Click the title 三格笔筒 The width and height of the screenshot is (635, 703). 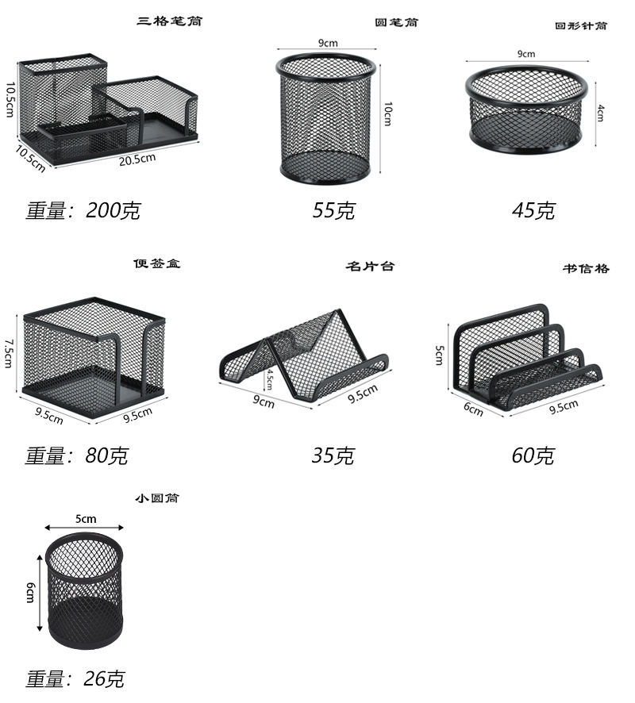point(169,21)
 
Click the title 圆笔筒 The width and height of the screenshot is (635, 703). point(397,22)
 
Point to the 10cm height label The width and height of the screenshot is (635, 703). point(387,113)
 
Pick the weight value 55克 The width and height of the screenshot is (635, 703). point(333,210)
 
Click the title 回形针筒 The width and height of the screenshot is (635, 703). point(581,25)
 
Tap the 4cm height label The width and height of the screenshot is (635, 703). point(601,113)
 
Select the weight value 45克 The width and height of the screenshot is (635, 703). point(533,210)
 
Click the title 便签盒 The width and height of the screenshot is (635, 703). point(156,263)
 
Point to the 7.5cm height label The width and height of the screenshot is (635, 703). point(10,352)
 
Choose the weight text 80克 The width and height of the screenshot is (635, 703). point(106,455)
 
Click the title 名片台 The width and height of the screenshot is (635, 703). point(370,266)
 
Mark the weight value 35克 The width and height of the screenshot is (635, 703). point(333,455)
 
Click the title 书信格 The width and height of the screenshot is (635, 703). point(586,269)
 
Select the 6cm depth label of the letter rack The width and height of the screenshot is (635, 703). point(473,409)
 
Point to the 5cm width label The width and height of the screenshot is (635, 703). point(86,518)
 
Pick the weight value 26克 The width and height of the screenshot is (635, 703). point(105,679)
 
